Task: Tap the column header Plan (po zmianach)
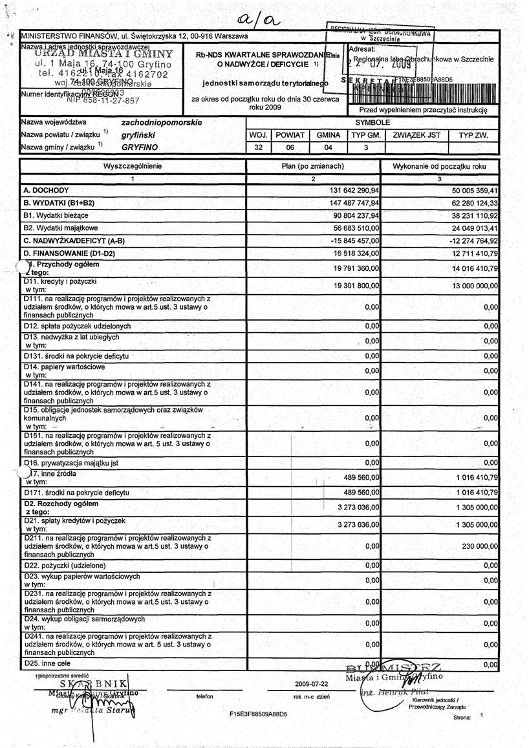tap(313, 166)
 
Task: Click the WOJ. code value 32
tap(258, 147)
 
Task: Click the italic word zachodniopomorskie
tap(161, 122)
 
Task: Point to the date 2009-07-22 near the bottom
tap(311, 683)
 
